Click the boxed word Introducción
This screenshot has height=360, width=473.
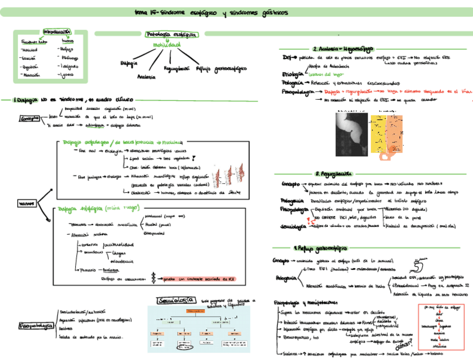click(x=57, y=33)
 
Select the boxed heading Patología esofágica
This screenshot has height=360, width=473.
click(x=171, y=35)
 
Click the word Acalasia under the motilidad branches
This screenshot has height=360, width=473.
click(x=146, y=76)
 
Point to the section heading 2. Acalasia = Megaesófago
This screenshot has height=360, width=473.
click(x=342, y=48)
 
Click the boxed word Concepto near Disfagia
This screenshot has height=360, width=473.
click(x=30, y=119)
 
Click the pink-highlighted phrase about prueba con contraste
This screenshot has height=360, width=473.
click(x=200, y=279)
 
